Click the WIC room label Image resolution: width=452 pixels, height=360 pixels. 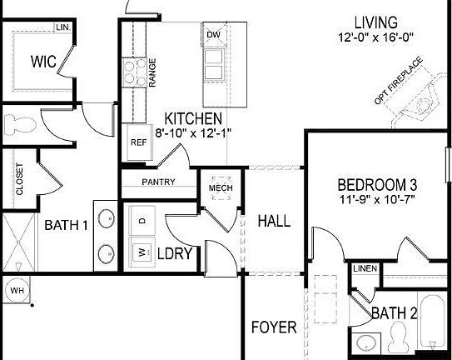[x=43, y=61]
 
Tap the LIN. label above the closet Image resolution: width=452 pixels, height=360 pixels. [x=62, y=28]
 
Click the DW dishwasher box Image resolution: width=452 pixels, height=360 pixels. [x=212, y=34]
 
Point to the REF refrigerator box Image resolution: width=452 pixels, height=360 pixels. [x=138, y=142]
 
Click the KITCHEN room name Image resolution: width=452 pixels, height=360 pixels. [x=192, y=119]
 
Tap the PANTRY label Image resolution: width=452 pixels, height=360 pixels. [x=158, y=182]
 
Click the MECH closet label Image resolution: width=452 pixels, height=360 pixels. [x=220, y=188]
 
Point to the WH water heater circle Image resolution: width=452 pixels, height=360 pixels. [x=17, y=291]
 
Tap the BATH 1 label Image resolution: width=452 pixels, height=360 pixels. [x=66, y=224]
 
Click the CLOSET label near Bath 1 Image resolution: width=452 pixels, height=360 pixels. [x=19, y=179]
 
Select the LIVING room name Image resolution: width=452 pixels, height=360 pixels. [x=375, y=22]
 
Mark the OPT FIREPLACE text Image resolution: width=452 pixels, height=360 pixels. [x=399, y=81]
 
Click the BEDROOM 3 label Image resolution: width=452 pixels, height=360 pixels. [x=376, y=184]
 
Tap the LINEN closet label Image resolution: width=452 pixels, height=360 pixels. [x=365, y=268]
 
